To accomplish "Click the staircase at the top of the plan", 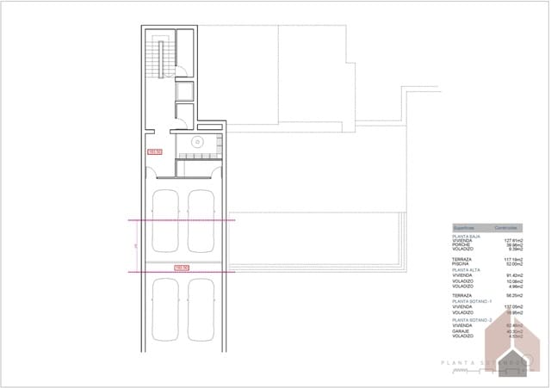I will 156,59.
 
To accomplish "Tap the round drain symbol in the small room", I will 197,144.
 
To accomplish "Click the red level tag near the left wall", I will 156,151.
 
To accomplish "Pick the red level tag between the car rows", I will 182,268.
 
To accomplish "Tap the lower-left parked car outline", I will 164,308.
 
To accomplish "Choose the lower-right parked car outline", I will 201,308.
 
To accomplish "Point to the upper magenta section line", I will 181,220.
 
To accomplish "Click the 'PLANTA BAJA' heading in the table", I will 467,236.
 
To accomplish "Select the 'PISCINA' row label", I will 461,263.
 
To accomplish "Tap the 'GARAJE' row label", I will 461,331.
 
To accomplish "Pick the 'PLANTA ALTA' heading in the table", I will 467,268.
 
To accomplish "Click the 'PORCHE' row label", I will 462,244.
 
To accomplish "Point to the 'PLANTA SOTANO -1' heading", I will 473,301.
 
